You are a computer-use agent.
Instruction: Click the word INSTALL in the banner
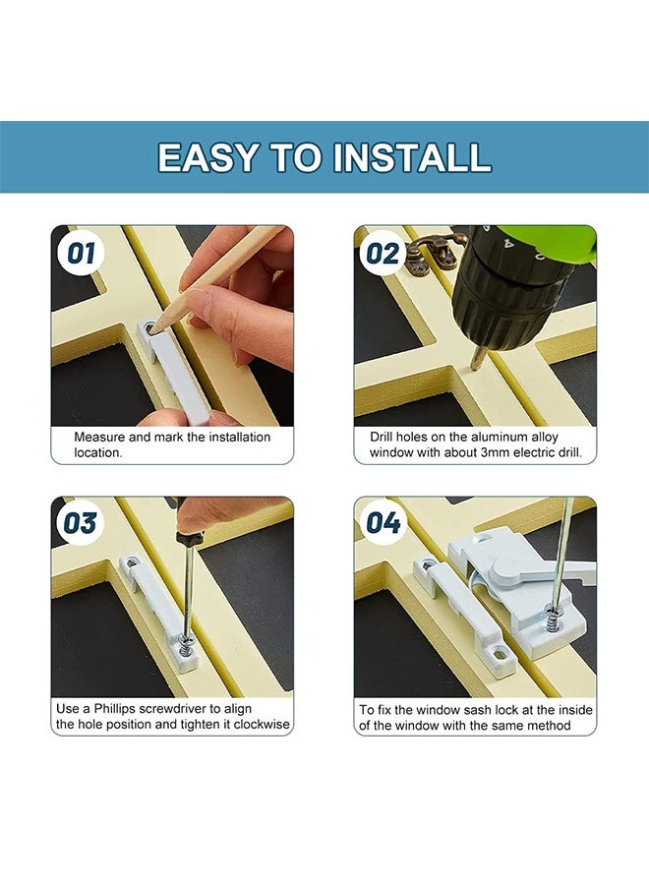click(x=412, y=157)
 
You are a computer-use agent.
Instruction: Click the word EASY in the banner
click(x=207, y=157)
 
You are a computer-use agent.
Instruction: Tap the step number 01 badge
click(x=82, y=254)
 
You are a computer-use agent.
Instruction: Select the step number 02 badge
click(x=383, y=254)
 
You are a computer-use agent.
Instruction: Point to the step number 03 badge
click(x=80, y=523)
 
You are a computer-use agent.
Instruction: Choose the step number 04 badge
click(x=383, y=522)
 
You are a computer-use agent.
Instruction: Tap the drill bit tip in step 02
click(x=475, y=367)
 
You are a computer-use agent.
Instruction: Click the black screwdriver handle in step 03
click(x=189, y=537)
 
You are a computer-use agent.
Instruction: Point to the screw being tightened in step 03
click(x=187, y=642)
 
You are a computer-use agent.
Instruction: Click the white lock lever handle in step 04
click(x=542, y=571)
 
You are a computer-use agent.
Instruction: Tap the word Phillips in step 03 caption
click(x=116, y=709)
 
